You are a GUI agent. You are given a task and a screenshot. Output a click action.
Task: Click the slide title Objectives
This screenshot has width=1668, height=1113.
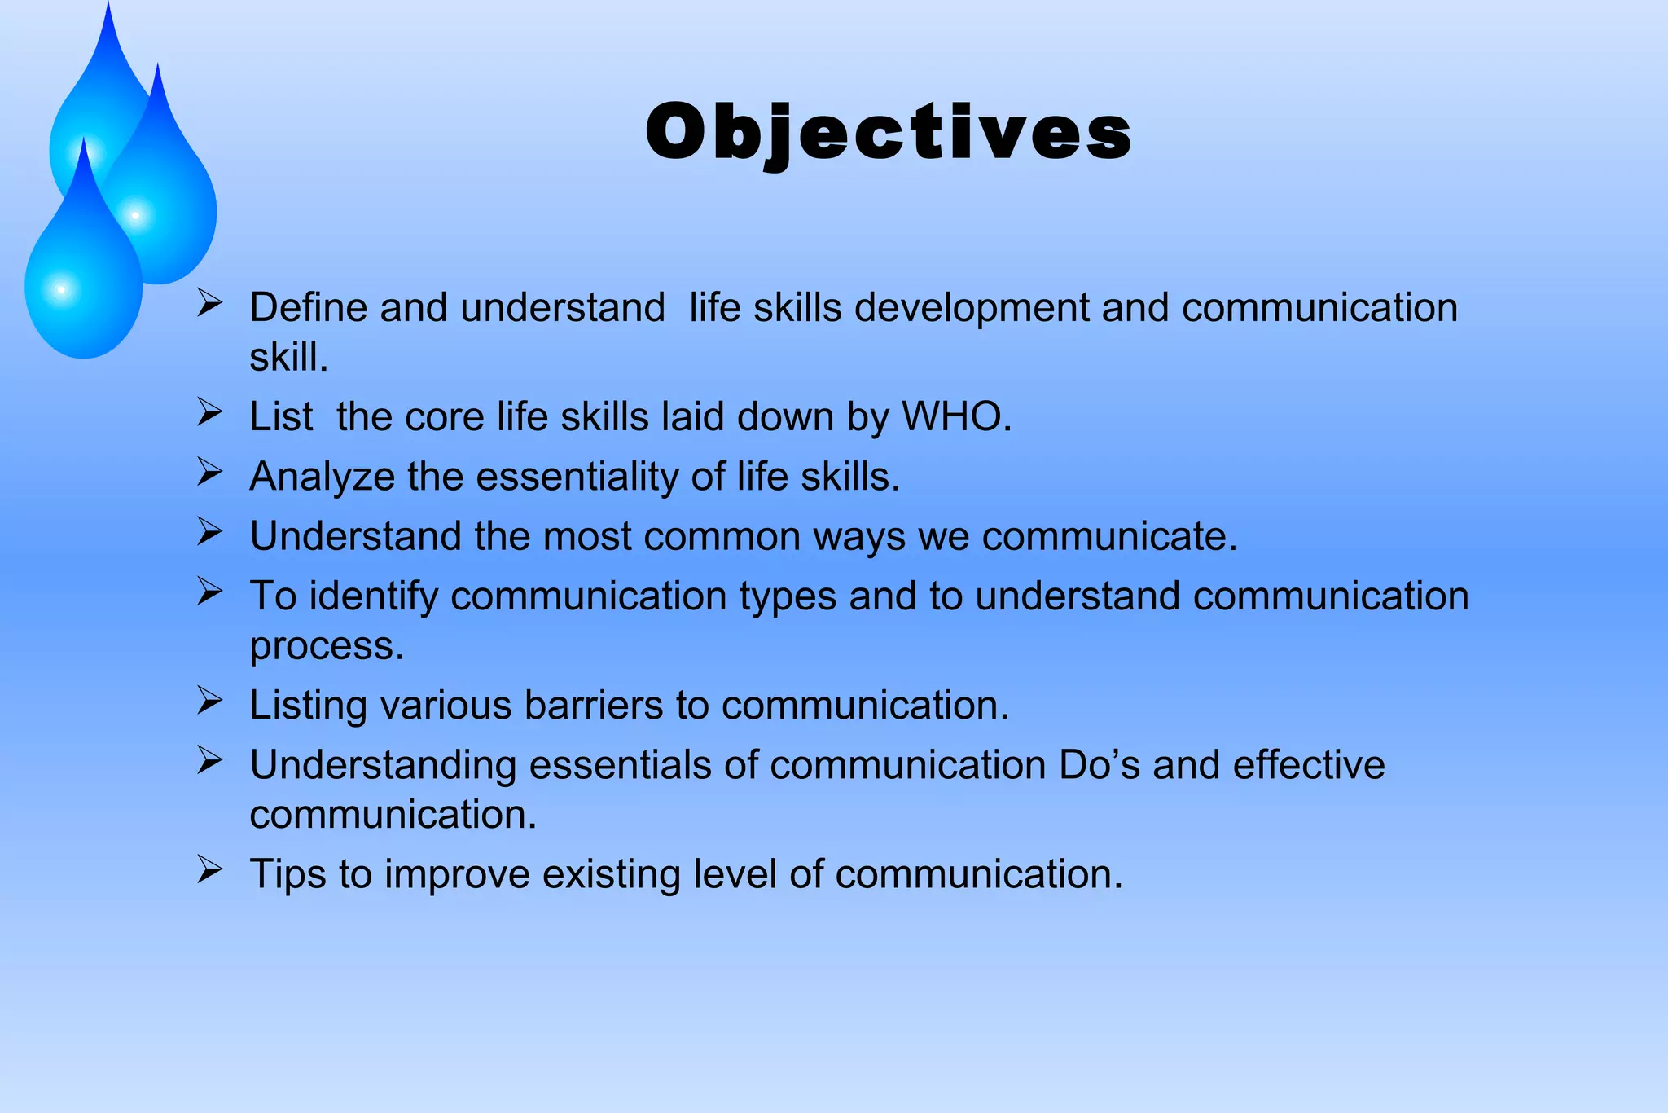pyautogui.click(x=888, y=133)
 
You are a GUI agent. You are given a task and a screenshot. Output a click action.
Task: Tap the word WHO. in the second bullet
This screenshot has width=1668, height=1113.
pyautogui.click(x=956, y=416)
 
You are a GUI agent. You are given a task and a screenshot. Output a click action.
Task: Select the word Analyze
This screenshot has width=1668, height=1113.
pyautogui.click(x=322, y=477)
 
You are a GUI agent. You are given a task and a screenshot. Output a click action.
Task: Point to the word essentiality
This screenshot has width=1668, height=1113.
pyautogui.click(x=576, y=477)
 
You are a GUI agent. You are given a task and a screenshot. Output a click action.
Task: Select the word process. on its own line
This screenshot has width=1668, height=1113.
pyautogui.click(x=327, y=645)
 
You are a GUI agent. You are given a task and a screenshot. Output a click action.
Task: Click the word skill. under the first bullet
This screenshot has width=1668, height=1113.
pyautogui.click(x=288, y=357)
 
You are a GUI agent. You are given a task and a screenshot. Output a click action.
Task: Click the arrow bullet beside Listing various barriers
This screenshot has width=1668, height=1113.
pyautogui.click(x=209, y=700)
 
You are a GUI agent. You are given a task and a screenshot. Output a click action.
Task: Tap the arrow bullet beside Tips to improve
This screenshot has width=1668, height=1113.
pyautogui.click(x=209, y=869)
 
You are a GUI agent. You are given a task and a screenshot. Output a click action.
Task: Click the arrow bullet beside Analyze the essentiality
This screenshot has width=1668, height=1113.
pyautogui.click(x=209, y=472)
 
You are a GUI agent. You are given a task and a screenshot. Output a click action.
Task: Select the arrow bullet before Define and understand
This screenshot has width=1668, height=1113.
pyautogui.click(x=209, y=303)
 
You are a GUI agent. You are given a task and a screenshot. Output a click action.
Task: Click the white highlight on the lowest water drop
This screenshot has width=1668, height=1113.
pyautogui.click(x=61, y=290)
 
